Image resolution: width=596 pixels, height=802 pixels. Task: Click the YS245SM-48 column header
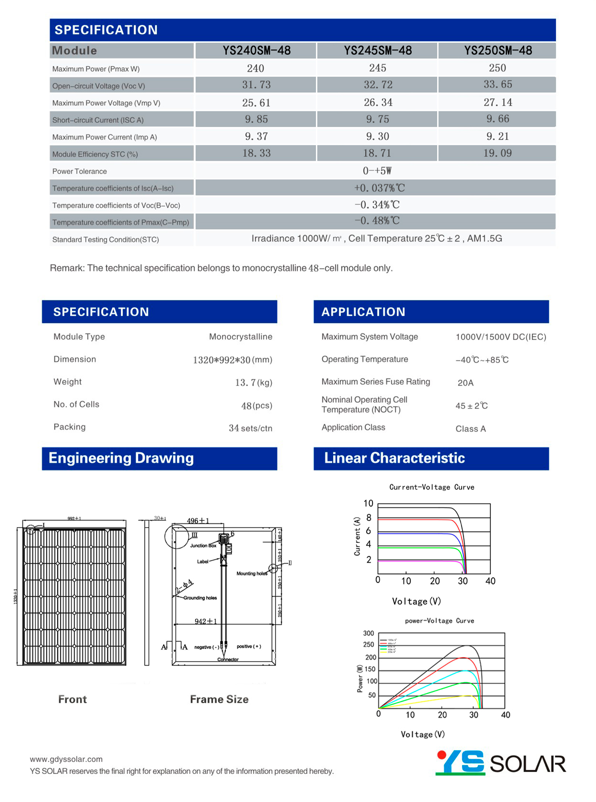click(377, 50)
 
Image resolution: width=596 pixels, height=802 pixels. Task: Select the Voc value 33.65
click(497, 85)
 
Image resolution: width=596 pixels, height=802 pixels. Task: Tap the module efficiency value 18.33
click(256, 153)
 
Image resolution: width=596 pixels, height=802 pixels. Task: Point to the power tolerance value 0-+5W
click(377, 171)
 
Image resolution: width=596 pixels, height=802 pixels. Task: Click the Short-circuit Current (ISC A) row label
click(98, 120)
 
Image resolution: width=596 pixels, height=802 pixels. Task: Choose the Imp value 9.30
click(377, 136)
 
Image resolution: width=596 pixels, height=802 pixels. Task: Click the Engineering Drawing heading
click(121, 458)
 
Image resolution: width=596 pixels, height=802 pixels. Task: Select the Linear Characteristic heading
click(394, 458)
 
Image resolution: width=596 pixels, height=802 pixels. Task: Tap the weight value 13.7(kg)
click(253, 382)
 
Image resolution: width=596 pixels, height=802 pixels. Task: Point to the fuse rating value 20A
click(465, 383)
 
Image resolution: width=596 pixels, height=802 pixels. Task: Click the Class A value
click(470, 429)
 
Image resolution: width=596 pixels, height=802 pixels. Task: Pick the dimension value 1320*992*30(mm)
click(232, 360)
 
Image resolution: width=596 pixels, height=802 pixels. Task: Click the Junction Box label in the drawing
click(203, 546)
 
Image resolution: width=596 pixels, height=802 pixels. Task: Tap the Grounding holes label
click(200, 598)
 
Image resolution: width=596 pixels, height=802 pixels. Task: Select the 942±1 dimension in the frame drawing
click(205, 621)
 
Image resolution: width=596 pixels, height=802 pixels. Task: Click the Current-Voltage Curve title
click(431, 487)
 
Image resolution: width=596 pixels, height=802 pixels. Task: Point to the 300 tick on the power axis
click(368, 633)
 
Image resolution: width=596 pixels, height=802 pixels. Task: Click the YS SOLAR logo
click(500, 763)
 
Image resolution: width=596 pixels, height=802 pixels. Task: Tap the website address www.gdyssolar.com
click(66, 759)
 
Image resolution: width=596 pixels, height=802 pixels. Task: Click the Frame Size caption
click(219, 699)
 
